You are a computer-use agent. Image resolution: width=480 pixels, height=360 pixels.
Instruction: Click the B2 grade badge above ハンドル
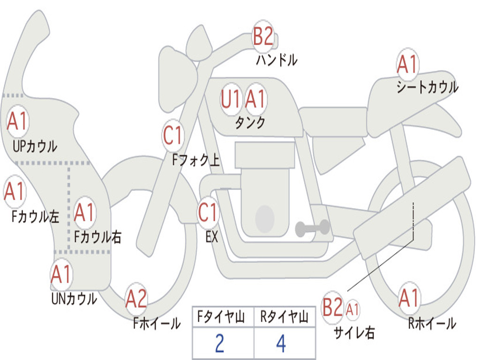point(263,36)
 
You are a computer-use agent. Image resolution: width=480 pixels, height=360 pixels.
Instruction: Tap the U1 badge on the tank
point(231,99)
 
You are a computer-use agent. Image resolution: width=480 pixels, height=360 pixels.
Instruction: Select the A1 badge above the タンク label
point(255,98)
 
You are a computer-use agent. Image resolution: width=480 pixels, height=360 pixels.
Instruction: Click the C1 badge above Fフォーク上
point(173,135)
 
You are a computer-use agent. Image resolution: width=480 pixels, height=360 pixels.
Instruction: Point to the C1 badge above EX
point(208,212)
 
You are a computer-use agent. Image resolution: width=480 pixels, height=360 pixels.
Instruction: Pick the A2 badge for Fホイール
point(136,299)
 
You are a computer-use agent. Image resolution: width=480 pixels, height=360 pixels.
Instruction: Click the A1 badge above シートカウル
point(407,64)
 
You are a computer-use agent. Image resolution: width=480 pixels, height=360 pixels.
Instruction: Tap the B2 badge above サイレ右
point(332,307)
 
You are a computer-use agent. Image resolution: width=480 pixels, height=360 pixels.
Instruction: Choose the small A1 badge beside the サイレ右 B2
point(352,309)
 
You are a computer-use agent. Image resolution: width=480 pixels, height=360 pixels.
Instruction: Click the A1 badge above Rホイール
point(409,298)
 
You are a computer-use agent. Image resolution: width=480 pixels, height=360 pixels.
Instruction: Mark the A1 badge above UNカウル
point(61,274)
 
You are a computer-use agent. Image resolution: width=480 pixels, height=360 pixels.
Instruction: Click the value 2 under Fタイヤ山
point(220,344)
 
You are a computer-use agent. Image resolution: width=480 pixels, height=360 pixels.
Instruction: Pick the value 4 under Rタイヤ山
point(281,344)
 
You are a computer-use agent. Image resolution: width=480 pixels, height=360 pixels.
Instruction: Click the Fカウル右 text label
point(98,237)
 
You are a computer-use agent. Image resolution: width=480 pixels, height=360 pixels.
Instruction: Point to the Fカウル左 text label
point(35,216)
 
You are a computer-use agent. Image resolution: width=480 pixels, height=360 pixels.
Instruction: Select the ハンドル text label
point(277,60)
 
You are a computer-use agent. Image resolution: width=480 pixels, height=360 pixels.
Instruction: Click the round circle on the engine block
point(265,218)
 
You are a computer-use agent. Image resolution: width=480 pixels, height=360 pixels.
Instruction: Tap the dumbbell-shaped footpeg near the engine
point(312,228)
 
